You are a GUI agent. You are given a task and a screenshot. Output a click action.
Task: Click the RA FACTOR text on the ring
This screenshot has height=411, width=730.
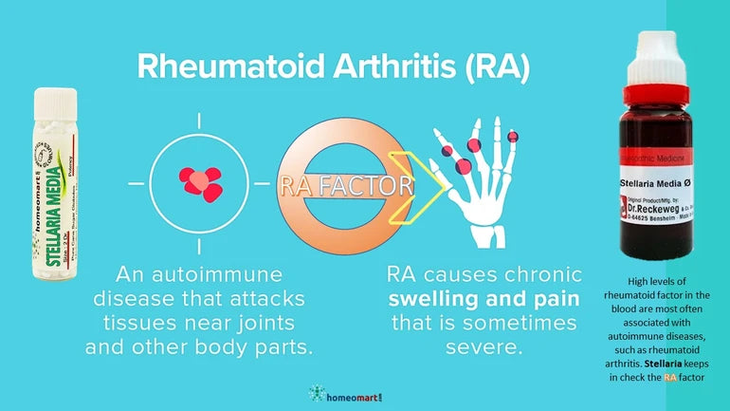(345, 186)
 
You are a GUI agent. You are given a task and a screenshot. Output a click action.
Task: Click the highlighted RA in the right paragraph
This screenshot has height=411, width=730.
(670, 377)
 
